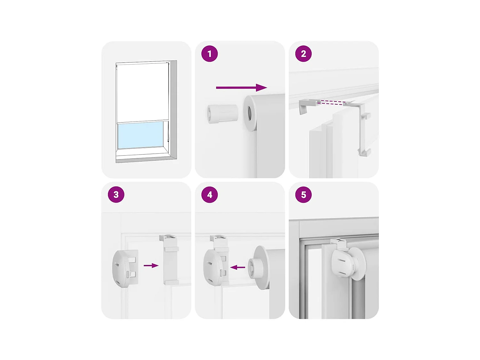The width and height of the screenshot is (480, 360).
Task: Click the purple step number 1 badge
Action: coord(210,54)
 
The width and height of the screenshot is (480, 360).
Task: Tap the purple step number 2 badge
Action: coord(303,54)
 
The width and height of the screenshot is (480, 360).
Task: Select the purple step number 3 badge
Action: coord(116,195)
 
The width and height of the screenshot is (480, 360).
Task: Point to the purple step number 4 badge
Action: coord(210,195)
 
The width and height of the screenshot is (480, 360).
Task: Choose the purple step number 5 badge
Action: coord(303,195)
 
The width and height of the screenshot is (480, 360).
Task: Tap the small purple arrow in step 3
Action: coord(151,265)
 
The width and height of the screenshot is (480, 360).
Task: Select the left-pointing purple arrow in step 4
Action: coord(237,267)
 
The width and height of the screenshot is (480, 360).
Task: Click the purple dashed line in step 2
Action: coord(332,102)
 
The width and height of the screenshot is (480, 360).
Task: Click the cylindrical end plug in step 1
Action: coord(222,114)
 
